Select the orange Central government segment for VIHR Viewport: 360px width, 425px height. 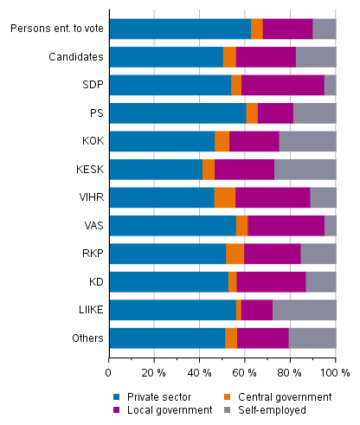tap(225, 197)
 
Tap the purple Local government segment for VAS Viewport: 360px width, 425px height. tap(286, 225)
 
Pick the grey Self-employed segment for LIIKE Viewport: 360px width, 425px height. tap(304, 310)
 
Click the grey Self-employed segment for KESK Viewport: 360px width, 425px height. tap(305, 169)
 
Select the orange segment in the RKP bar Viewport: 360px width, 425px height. tap(235, 254)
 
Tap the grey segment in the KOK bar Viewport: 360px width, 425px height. tap(307, 141)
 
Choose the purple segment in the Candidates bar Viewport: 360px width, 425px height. tap(266, 57)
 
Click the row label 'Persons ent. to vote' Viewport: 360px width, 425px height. tap(57, 29)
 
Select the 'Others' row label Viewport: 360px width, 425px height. tap(87, 338)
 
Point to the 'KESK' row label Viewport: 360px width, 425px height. tap(88, 169)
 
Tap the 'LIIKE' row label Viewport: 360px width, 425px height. tap(89, 310)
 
